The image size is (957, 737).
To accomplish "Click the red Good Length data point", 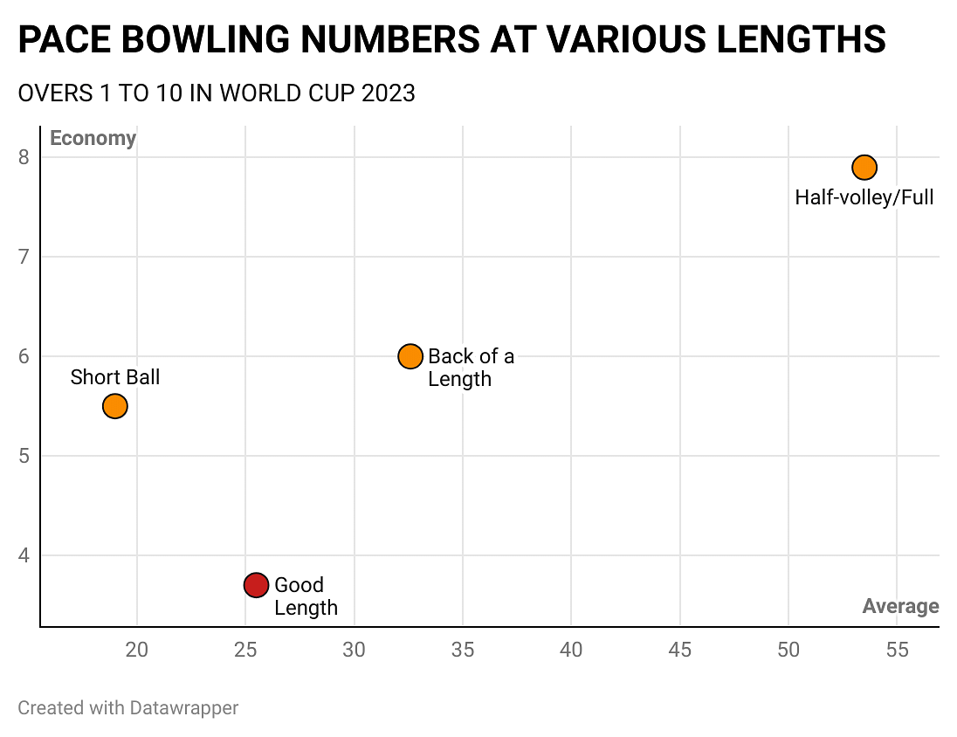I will tap(256, 585).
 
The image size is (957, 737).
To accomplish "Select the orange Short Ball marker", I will tap(115, 406).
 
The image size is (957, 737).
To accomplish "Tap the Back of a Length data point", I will tap(410, 356).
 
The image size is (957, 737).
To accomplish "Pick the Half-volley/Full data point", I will tap(864, 167).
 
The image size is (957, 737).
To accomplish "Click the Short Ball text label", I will tap(115, 377).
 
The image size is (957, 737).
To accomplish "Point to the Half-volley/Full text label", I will tap(864, 197).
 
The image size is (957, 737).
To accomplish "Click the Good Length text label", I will tap(306, 596).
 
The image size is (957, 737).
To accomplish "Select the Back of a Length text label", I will tap(471, 368).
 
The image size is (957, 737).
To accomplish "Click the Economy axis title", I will tap(93, 139).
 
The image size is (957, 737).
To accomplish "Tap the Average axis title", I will tap(900, 606).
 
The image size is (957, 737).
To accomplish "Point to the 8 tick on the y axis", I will tap(24, 158).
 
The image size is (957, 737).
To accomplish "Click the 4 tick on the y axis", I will tap(24, 555).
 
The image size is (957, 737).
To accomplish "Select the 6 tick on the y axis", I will tap(24, 356).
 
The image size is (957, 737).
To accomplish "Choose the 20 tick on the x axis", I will tap(137, 650).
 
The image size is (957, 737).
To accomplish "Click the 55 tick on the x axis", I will tap(897, 650).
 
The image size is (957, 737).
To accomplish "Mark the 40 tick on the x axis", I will tap(571, 650).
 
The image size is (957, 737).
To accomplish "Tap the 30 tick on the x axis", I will tap(354, 650).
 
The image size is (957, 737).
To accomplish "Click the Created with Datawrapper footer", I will tap(127, 707).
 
